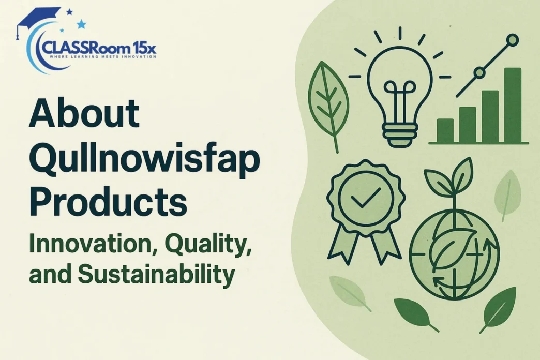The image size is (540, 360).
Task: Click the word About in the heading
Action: click(84, 113)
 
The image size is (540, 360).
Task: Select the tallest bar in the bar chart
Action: click(513, 105)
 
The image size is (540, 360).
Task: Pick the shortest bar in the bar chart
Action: click(445, 130)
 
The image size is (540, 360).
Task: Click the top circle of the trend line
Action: click(513, 40)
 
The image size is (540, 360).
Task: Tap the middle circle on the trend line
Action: click(479, 73)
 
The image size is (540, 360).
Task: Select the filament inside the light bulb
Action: click(400, 99)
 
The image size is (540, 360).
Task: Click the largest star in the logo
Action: click(81, 24)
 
